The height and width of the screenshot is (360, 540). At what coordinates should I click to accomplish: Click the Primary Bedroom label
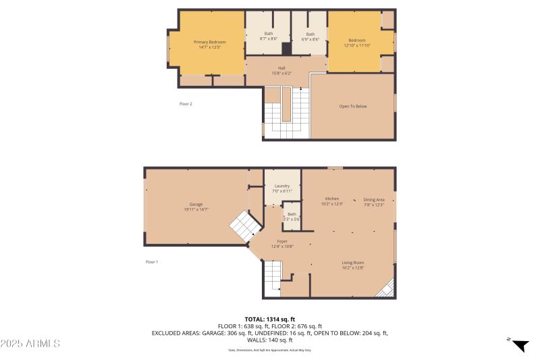tap(209, 45)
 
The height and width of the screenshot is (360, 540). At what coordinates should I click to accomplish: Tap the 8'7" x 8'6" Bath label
tap(269, 36)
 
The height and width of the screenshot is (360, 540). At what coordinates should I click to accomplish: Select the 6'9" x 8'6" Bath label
tap(310, 36)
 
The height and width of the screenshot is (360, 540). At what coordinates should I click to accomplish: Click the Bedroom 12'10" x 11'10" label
tap(356, 43)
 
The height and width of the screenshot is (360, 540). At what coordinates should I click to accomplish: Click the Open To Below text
tap(353, 107)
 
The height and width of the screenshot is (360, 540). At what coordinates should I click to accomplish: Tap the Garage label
tap(196, 207)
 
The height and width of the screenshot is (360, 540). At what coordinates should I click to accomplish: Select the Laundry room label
tap(282, 188)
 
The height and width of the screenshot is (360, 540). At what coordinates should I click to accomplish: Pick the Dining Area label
tap(374, 201)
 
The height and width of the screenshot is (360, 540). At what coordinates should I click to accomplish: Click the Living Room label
tap(352, 265)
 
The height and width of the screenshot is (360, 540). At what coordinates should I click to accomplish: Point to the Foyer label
tap(282, 243)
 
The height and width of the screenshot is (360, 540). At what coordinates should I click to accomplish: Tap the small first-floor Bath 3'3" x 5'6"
tap(292, 216)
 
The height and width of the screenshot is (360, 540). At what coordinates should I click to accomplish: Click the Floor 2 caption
tap(186, 104)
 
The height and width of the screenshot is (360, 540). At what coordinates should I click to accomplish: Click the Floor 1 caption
tap(152, 262)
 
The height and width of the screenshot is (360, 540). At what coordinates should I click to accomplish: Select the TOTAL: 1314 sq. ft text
tap(269, 319)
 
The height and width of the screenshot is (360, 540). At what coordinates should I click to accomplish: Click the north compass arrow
tap(520, 345)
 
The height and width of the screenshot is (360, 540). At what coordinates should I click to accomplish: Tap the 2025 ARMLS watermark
tap(30, 344)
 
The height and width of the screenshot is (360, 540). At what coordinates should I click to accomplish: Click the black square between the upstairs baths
tap(286, 49)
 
